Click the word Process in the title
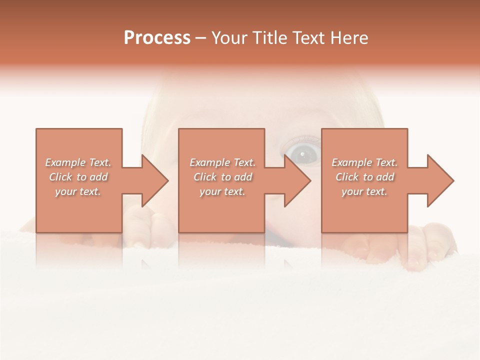tap(157, 38)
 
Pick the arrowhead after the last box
tap(439, 180)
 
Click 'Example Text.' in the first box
tap(78, 162)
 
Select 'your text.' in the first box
tap(78, 191)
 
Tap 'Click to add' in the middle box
tap(222, 177)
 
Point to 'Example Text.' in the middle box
tap(222, 162)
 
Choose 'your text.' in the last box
tap(364, 191)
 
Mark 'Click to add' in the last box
tap(364, 177)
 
